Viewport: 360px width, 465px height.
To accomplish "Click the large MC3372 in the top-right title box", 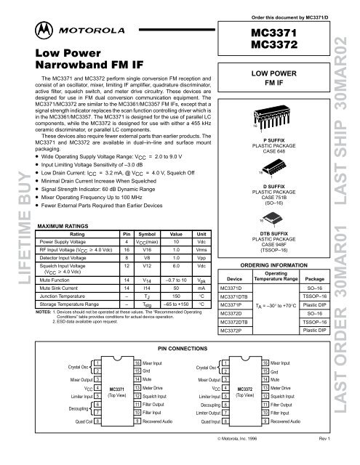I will click(275, 45).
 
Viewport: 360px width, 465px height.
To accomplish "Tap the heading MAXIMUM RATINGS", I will click(63, 226).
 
